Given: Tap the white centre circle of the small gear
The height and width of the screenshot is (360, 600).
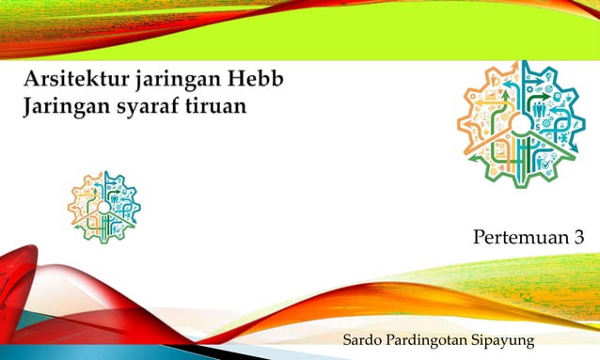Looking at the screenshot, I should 103,207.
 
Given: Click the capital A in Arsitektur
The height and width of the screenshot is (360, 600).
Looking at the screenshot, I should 32,78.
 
